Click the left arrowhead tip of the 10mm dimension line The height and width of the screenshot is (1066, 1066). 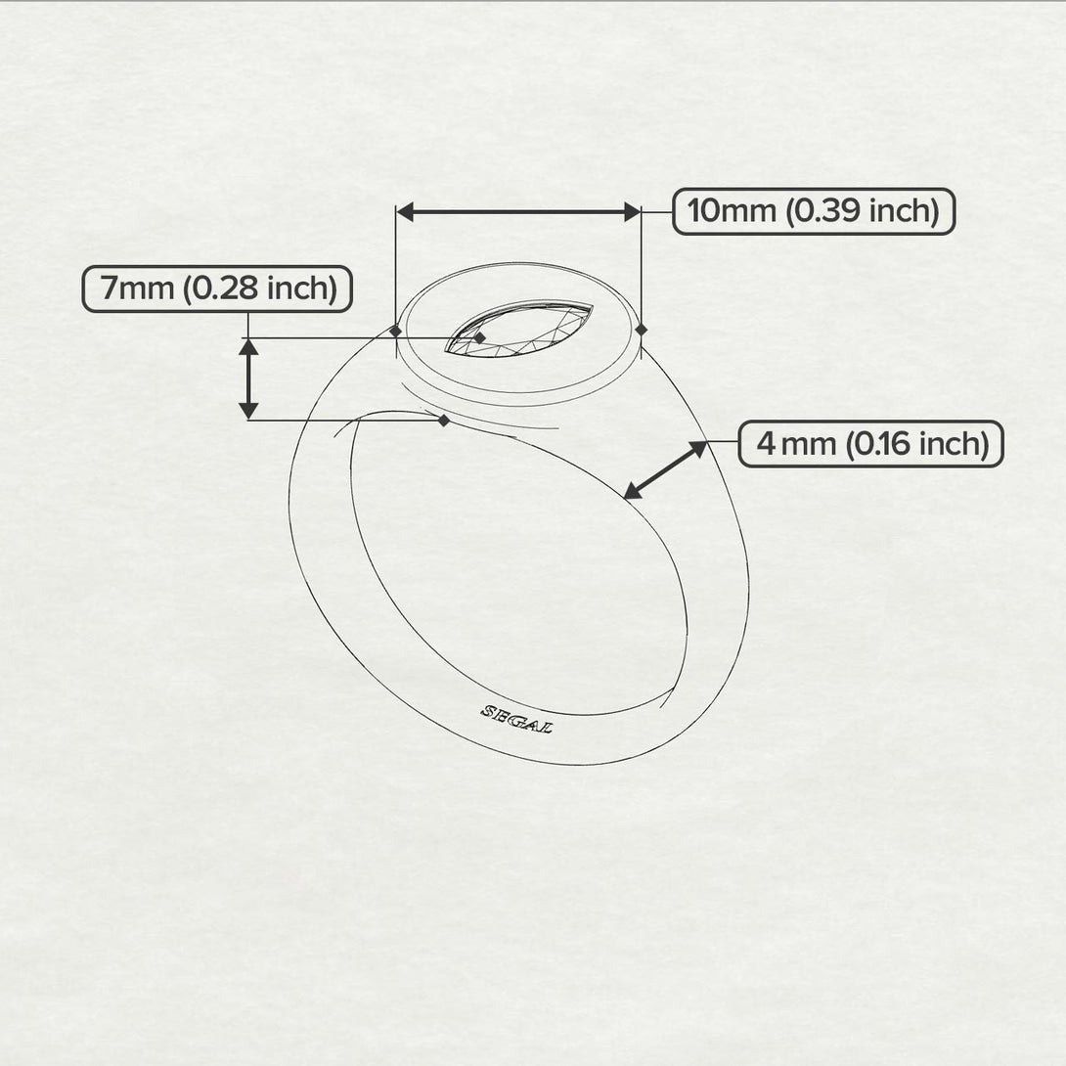click(x=397, y=212)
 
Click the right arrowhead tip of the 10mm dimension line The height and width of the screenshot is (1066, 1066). click(x=641, y=212)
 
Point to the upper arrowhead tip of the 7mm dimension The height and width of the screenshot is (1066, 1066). click(x=248, y=338)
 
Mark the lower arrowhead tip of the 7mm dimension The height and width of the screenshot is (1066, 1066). click(x=248, y=420)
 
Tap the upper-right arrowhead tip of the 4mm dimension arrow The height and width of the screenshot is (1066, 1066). click(x=708, y=441)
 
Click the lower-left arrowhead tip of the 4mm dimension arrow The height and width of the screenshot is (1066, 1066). click(x=623, y=500)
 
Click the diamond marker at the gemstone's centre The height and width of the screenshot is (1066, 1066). click(x=480, y=337)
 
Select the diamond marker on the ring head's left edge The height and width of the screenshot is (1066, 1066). click(x=396, y=331)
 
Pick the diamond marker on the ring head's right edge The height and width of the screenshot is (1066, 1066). click(x=642, y=330)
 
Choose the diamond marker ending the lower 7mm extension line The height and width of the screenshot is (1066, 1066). click(x=444, y=421)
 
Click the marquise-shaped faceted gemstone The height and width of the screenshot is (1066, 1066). click(x=518, y=329)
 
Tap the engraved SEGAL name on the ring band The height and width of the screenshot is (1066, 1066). click(x=516, y=719)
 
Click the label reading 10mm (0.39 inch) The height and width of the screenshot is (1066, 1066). click(x=814, y=211)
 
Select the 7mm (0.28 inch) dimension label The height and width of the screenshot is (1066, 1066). click(x=217, y=289)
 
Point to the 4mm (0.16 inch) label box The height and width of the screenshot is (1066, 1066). click(x=870, y=444)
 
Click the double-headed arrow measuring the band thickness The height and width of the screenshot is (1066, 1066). click(x=666, y=470)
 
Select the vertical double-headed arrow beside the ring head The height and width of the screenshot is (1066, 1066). click(x=248, y=379)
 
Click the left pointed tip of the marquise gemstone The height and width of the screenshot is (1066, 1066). click(x=445, y=351)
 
